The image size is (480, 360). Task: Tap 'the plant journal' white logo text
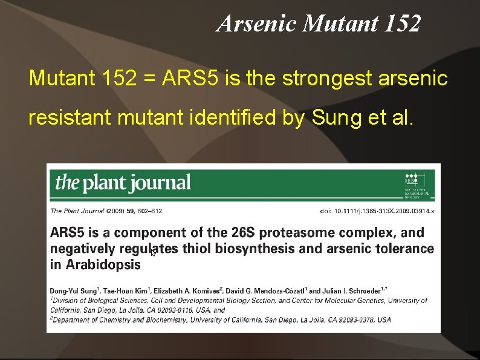pyautogui.click(x=123, y=182)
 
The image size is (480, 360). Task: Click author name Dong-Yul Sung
pyautogui.click(x=73, y=291)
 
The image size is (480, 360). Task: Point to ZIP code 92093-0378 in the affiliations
pyautogui.click(x=354, y=319)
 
